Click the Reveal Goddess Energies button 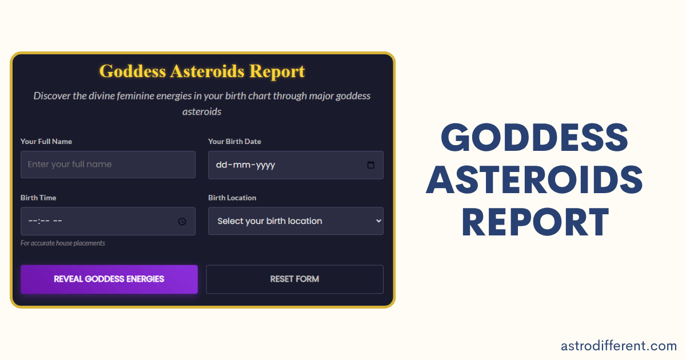(x=109, y=279)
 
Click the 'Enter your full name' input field (x=108, y=165)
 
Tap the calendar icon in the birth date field (x=370, y=165)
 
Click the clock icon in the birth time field (x=182, y=221)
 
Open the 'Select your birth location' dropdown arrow (x=377, y=221)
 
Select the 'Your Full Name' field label (x=46, y=142)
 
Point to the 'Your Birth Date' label (x=234, y=142)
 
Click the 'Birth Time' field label (x=38, y=198)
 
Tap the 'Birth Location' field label (x=232, y=198)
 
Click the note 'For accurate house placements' (x=63, y=243)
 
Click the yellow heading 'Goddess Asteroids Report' (x=202, y=71)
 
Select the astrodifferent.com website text (x=619, y=346)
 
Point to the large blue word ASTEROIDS (x=535, y=180)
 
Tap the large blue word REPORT (x=535, y=222)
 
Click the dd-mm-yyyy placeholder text (x=245, y=165)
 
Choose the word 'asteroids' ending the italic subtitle (x=202, y=111)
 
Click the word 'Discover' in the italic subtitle (x=51, y=95)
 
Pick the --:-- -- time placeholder (x=45, y=221)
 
